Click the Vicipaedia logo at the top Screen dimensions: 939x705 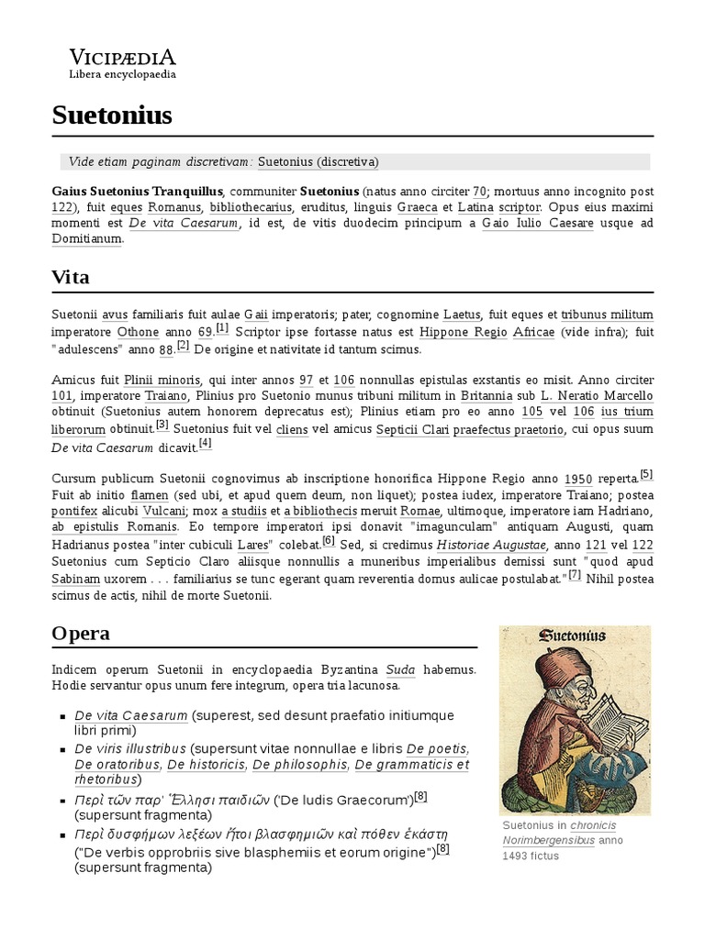coord(123,61)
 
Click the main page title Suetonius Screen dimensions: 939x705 coord(112,116)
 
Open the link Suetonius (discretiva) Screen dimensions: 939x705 coord(318,161)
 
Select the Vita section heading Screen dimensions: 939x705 coord(71,277)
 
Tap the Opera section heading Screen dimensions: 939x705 coord(81,633)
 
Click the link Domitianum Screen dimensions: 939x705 coord(86,238)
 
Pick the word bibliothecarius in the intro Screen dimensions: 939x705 coord(247,207)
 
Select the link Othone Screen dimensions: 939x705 coord(139,332)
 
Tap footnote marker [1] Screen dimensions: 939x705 coord(222,328)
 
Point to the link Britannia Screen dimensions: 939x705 coord(487,396)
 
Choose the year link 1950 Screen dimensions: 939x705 coord(577,478)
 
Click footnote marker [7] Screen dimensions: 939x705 coord(575,575)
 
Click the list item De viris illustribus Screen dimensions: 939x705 coord(130,748)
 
